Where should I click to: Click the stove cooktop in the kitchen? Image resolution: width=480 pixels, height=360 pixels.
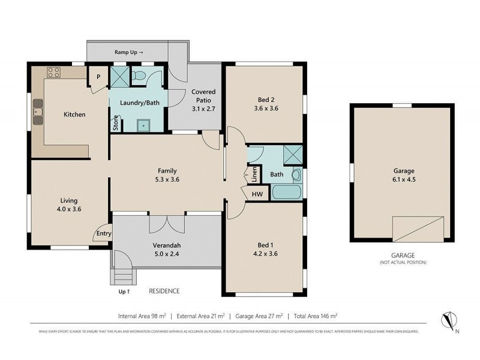click(x=53, y=73)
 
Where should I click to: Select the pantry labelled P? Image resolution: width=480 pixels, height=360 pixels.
click(x=97, y=76)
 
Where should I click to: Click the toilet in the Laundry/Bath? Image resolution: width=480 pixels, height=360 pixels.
click(x=139, y=76)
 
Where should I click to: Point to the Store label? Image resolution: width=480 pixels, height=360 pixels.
click(x=115, y=123)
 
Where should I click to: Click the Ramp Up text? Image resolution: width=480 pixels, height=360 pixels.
click(x=128, y=53)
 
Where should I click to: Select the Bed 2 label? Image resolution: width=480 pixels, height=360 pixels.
click(x=264, y=100)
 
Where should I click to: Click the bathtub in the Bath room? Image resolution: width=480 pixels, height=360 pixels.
click(x=286, y=193)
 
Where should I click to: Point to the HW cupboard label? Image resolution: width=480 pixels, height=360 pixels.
click(x=257, y=194)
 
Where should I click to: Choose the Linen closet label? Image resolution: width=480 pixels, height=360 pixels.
click(x=254, y=174)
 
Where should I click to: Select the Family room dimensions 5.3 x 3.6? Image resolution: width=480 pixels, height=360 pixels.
click(x=166, y=179)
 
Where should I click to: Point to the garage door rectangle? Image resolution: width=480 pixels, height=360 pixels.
click(x=419, y=229)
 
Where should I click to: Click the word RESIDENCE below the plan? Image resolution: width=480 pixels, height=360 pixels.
click(x=164, y=291)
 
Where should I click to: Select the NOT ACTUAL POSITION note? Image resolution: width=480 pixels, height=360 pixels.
click(x=402, y=263)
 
